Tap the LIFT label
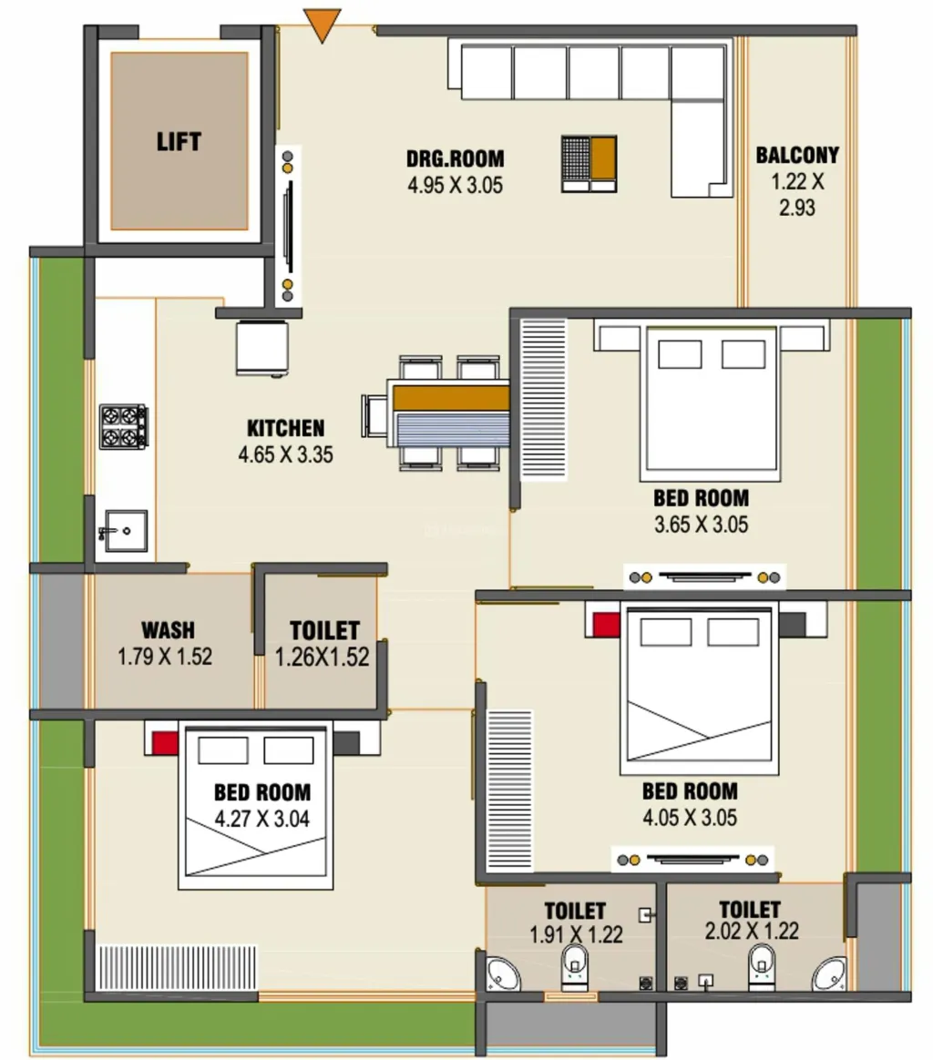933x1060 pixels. click(x=179, y=141)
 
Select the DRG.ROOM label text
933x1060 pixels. click(x=455, y=158)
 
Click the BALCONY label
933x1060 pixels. click(x=797, y=155)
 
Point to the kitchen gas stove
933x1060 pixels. click(x=123, y=426)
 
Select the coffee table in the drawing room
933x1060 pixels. click(x=589, y=164)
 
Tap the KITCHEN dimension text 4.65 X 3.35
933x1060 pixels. click(x=285, y=454)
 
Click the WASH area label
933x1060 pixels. click(x=168, y=630)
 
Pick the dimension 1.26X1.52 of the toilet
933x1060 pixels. click(x=322, y=657)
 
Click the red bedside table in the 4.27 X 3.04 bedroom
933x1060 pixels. click(x=164, y=744)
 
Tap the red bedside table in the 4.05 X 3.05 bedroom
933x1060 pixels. click(x=606, y=625)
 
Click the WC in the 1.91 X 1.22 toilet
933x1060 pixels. click(x=575, y=967)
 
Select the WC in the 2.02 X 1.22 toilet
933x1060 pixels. click(x=761, y=967)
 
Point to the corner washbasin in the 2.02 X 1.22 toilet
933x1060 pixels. click(x=829, y=974)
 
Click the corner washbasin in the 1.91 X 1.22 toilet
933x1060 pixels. click(x=503, y=974)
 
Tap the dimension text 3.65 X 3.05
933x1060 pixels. click(x=701, y=525)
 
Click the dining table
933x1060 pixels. click(x=451, y=413)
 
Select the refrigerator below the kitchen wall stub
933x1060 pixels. click(x=262, y=348)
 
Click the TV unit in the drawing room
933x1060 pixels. click(x=288, y=227)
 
